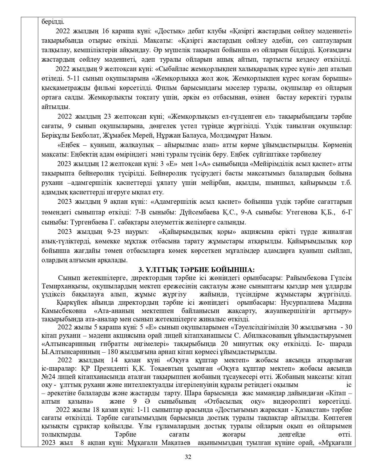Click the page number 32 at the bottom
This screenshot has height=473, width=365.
click(x=188, y=457)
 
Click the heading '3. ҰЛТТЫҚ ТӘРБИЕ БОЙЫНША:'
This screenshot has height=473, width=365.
click(x=196, y=270)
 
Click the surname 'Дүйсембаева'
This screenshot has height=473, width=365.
click(x=200, y=212)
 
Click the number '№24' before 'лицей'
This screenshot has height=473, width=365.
click(x=48, y=377)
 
